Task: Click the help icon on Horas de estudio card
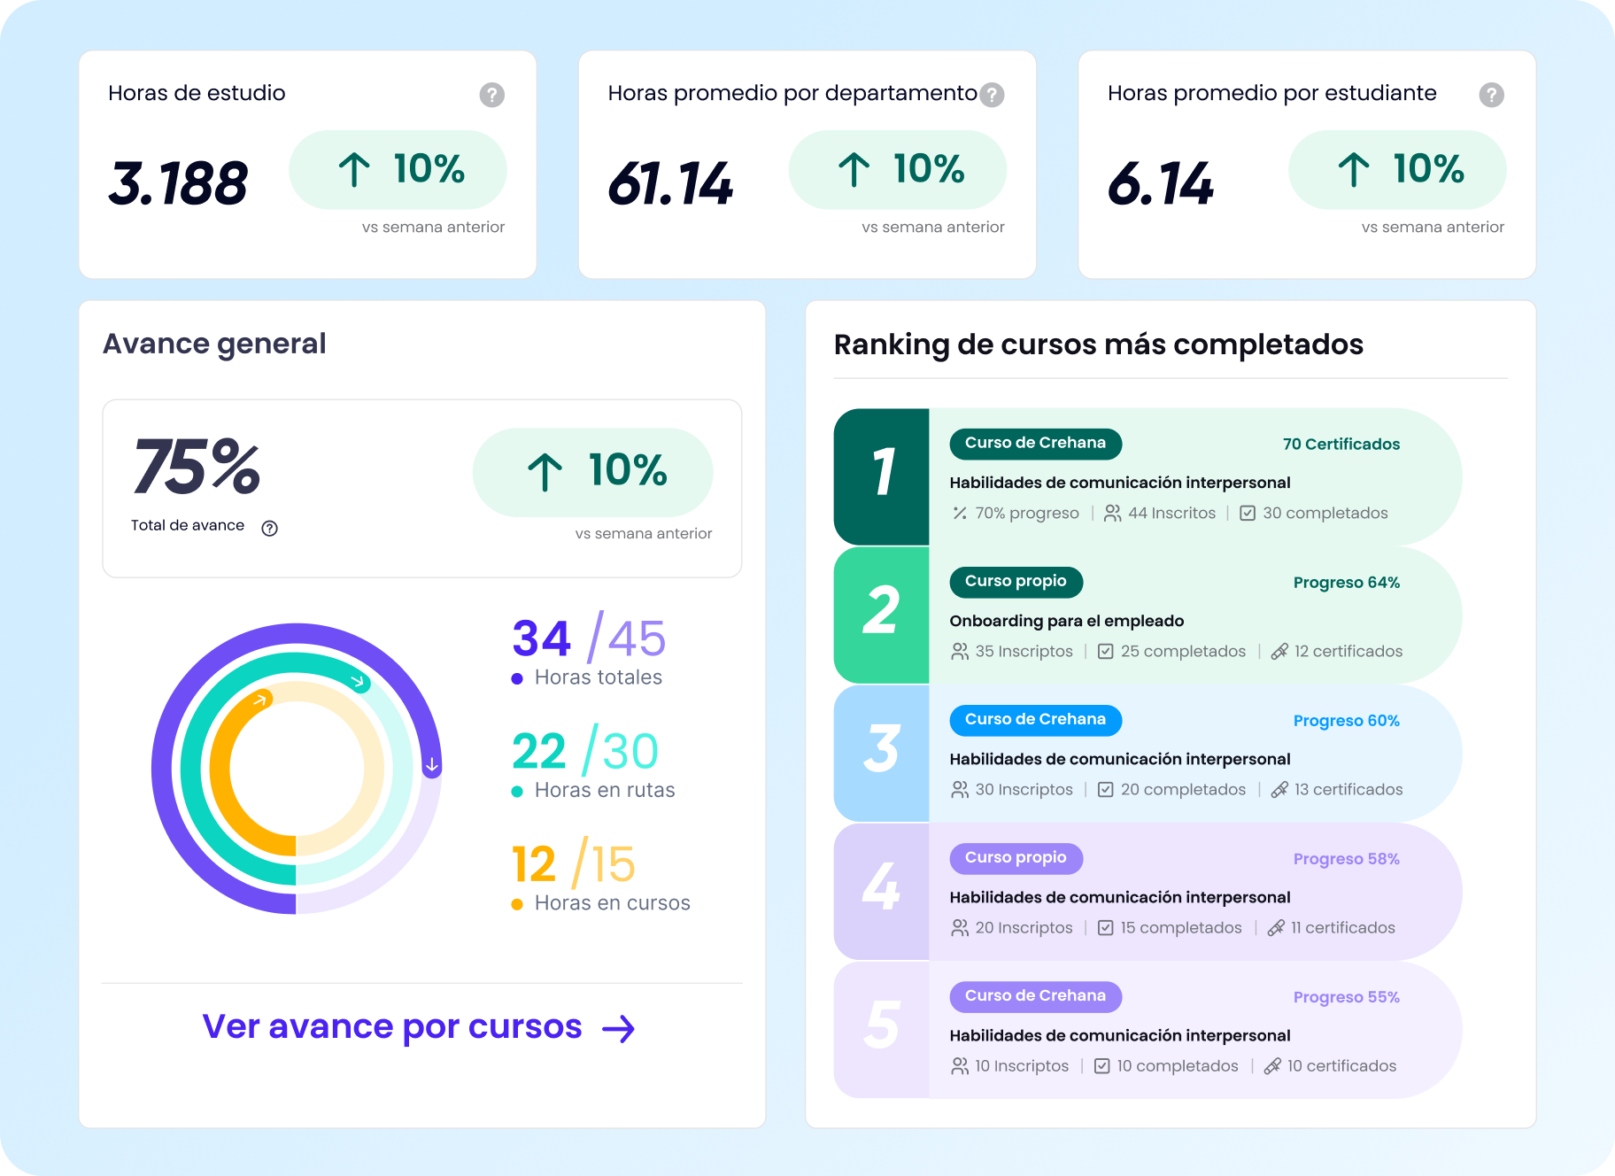pos(491,95)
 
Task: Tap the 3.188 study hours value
pos(178,183)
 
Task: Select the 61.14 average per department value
pos(670,183)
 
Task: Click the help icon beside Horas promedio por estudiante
pos(1491,95)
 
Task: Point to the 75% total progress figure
pos(197,467)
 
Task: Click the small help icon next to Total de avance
pos(270,528)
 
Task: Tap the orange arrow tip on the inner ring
pos(260,700)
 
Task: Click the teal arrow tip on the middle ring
pos(359,681)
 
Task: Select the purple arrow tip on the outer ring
pos(431,764)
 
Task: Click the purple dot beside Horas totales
pos(517,678)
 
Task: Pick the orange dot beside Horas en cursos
pos(517,904)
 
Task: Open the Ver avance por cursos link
pos(419,1027)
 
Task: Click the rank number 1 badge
pos(882,476)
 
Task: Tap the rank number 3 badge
pos(882,752)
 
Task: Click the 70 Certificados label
pos(1341,444)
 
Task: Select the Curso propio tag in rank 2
pos(1016,581)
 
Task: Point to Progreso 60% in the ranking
pos(1346,720)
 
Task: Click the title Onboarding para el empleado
pos(1066,621)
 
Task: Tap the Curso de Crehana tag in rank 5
pos(1035,995)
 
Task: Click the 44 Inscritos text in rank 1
pos(1171,513)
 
